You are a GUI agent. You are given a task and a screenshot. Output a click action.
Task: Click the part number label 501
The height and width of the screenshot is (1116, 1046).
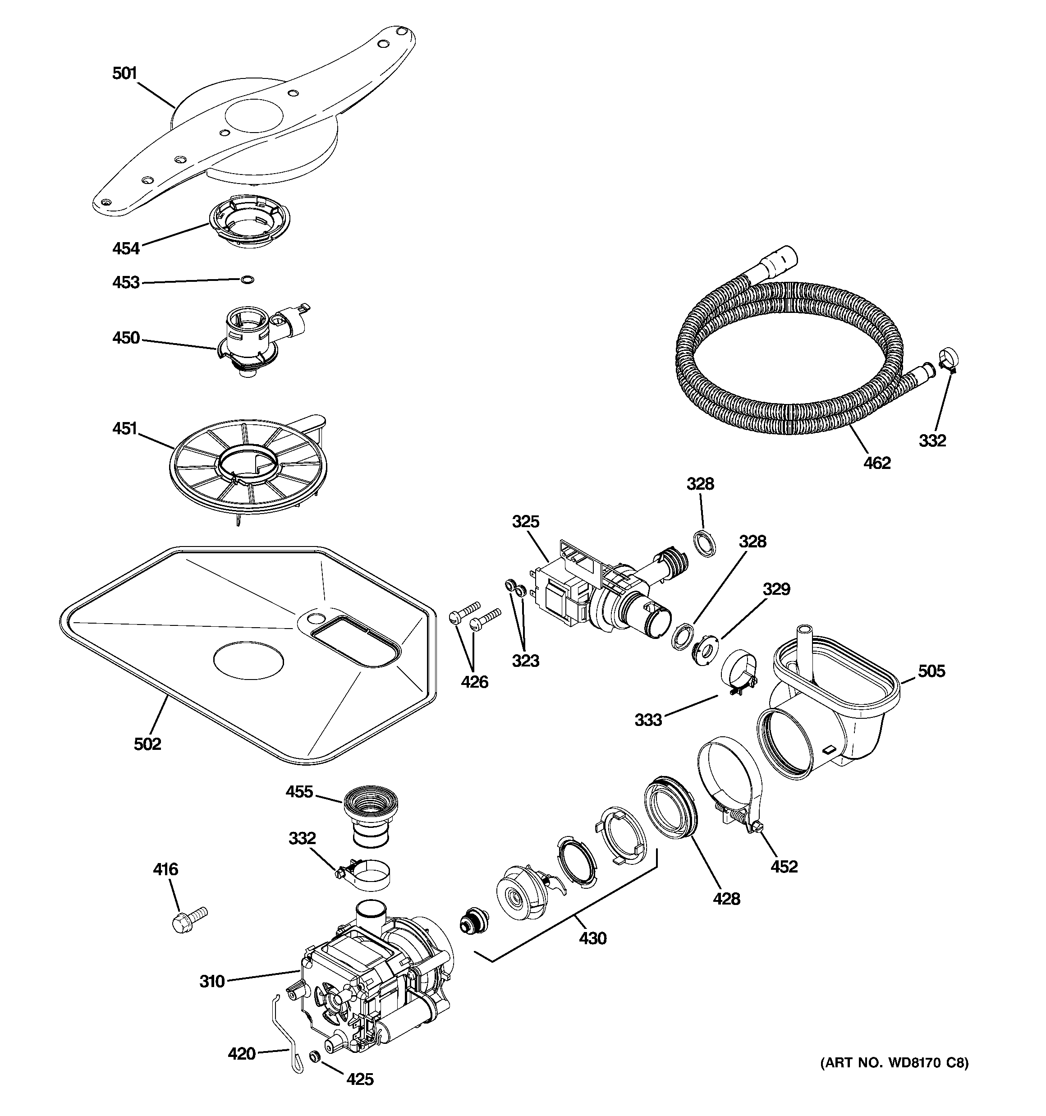[124, 73]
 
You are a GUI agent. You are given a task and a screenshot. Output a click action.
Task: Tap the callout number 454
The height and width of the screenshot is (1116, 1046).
[126, 248]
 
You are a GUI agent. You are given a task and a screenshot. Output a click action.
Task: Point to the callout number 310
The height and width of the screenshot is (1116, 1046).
[211, 981]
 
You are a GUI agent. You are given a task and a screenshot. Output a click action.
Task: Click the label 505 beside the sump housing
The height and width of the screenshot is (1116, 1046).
[931, 671]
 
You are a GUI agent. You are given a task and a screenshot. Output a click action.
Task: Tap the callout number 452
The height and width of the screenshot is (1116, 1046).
[784, 866]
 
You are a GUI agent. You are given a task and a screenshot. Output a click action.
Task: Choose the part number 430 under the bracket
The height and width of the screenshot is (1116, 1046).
[593, 938]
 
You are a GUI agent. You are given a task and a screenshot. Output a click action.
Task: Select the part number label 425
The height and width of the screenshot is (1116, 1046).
[360, 1079]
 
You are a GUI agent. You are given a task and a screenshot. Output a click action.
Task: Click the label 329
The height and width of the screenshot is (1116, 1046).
[776, 589]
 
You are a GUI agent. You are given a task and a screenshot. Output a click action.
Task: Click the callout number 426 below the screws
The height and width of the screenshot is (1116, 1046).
[474, 682]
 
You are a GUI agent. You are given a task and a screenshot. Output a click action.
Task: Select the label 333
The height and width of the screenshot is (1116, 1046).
[648, 720]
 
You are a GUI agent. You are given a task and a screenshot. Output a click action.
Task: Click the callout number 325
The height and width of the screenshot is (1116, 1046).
[526, 522]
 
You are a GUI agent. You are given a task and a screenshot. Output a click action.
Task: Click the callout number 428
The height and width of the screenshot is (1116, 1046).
[726, 899]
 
